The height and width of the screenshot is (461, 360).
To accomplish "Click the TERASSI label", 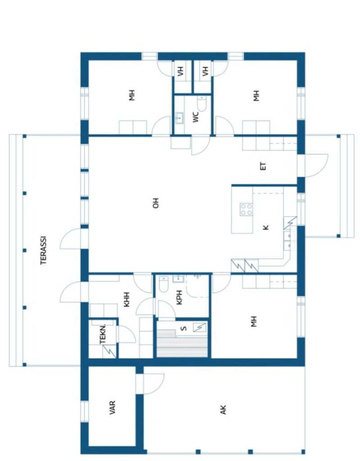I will (x=44, y=250).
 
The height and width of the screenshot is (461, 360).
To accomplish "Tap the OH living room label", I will (x=156, y=204).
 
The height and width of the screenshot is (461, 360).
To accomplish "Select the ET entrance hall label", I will (x=264, y=166).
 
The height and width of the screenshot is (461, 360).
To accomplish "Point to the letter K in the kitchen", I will (x=266, y=227).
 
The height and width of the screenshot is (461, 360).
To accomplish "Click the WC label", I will (x=196, y=117).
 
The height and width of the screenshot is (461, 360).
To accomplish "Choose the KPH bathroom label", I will (x=179, y=300).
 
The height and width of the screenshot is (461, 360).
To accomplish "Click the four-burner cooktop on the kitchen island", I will (x=246, y=209).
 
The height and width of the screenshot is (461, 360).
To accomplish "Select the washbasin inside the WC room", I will (x=179, y=118).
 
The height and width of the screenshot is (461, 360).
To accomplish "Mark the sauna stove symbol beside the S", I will (x=199, y=327).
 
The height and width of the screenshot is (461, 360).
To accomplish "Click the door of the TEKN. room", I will (x=124, y=334).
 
